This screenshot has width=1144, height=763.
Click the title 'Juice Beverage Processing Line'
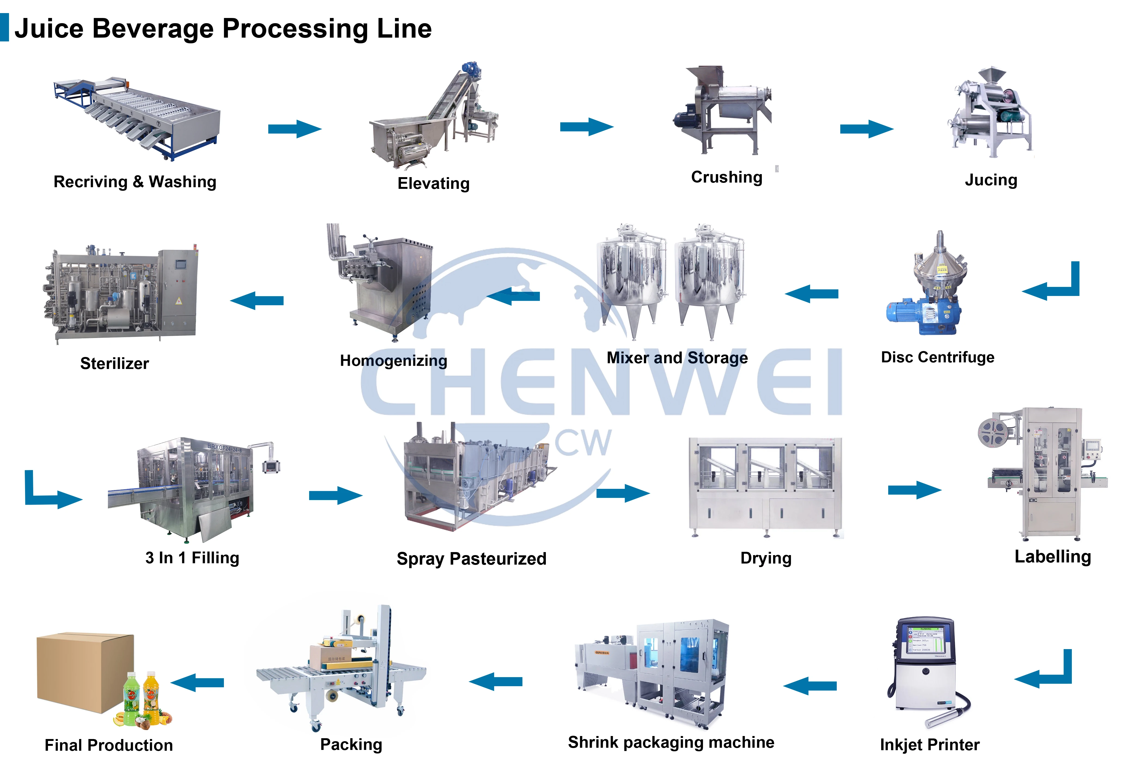click(x=223, y=28)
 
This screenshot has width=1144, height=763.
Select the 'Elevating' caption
click(x=433, y=183)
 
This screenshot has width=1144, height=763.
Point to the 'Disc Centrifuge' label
click(x=937, y=357)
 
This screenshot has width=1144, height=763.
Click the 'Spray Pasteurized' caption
click(x=471, y=559)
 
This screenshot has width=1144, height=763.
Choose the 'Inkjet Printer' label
click(x=929, y=744)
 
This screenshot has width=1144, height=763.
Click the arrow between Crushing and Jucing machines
click(x=866, y=129)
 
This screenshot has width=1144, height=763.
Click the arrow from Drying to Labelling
click(x=914, y=490)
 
